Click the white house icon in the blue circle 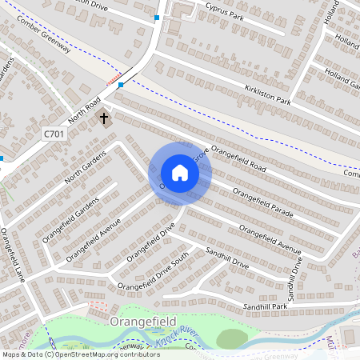[180, 173]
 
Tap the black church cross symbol [103, 118]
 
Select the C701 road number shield [54, 134]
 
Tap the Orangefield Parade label [263, 203]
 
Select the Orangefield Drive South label [153, 271]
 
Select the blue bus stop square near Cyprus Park [157, 18]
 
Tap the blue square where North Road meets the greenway [120, 85]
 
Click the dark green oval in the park [231, 338]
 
